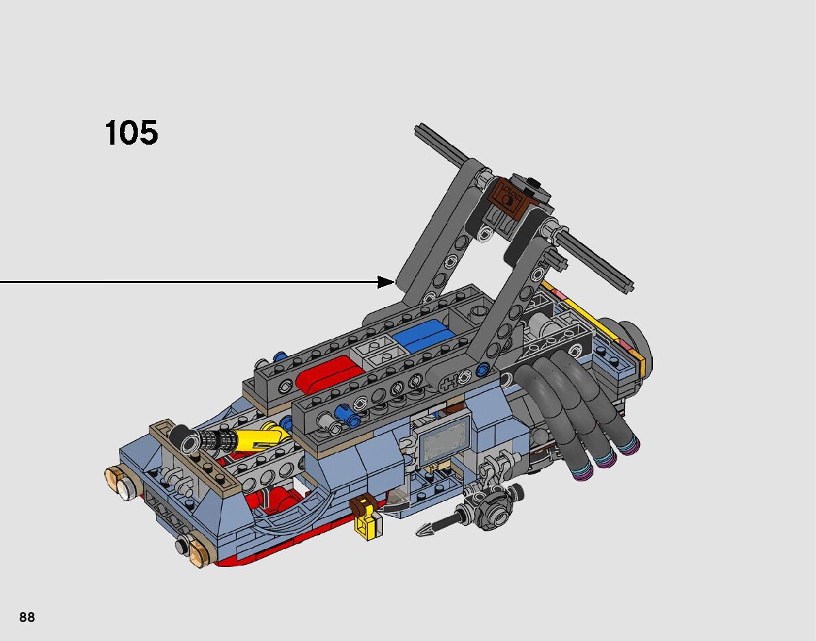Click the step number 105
pos(132,133)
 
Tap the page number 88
pos(27,617)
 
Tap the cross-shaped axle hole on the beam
pos(449,381)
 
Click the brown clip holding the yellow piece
pos(361,505)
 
